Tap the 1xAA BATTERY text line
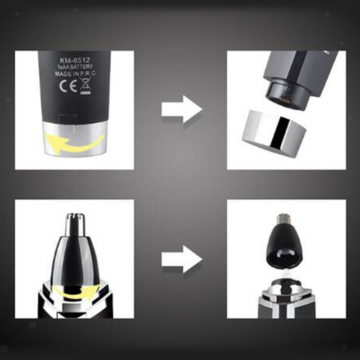point(74,66)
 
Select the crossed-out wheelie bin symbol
point(84,85)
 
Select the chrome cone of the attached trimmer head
point(74,256)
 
